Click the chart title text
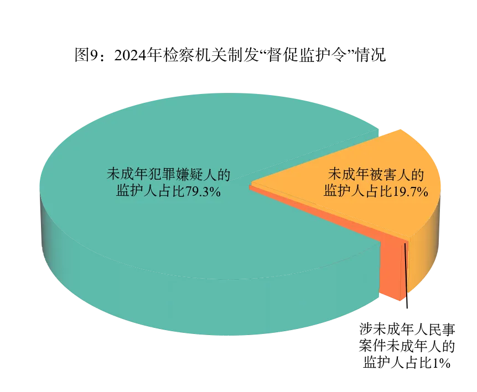point(230,55)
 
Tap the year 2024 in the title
point(130,55)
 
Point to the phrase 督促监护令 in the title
point(307,55)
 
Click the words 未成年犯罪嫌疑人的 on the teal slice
point(169,174)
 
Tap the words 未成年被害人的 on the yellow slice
point(376,174)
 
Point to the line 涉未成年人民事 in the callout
point(407,329)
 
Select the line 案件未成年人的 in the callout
point(407,346)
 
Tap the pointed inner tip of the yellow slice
point(252,184)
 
